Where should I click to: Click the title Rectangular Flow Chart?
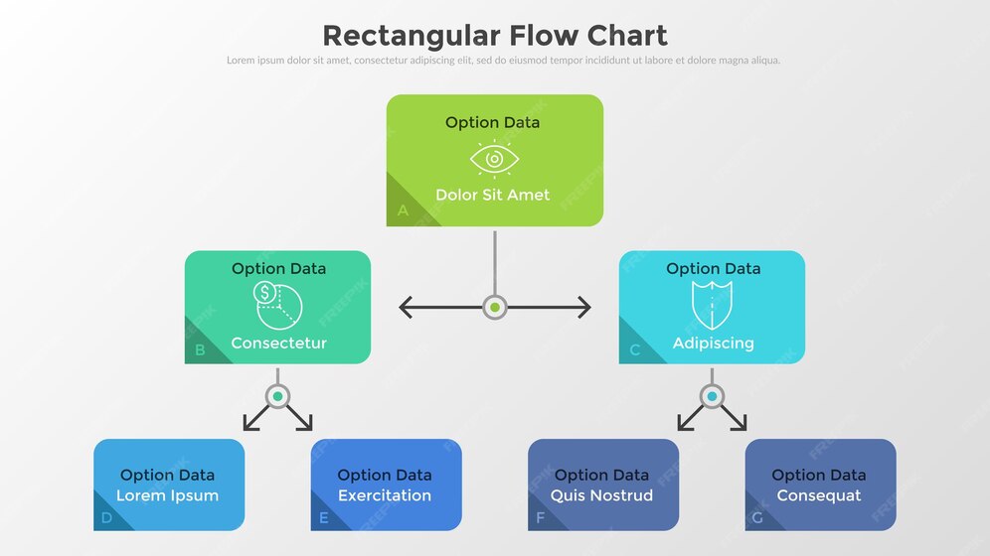pos(494,36)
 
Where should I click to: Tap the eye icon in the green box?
pos(494,159)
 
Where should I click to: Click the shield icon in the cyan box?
pos(712,305)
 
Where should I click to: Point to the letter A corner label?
pos(403,210)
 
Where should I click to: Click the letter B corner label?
pos(200,349)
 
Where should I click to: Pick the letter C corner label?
pos(635,349)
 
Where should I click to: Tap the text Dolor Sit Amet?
pos(492,195)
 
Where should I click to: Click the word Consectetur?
pos(278,343)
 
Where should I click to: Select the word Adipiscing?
pos(713,343)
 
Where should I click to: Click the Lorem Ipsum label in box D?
pos(167,495)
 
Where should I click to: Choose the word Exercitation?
pos(385,495)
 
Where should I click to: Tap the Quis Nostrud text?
pos(601,495)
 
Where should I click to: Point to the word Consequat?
pos(819,495)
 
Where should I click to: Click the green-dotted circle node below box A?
pos(495,307)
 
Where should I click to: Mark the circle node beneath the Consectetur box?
pos(278,396)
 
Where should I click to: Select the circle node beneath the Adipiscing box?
pos(712,396)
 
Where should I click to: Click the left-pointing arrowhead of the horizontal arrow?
pos(406,307)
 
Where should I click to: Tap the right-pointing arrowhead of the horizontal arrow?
pos(584,307)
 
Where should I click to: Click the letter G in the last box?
pos(758,517)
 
